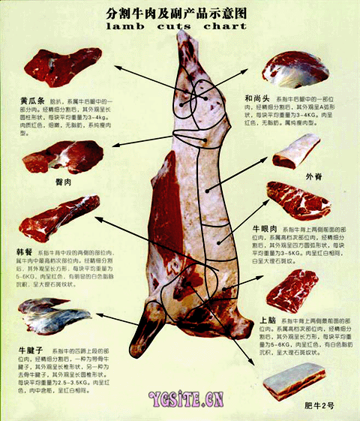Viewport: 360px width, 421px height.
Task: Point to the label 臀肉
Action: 63,182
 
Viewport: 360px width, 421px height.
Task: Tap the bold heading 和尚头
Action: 259,98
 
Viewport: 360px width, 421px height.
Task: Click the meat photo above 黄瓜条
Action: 63,67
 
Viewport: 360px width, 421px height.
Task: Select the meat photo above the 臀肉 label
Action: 63,156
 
